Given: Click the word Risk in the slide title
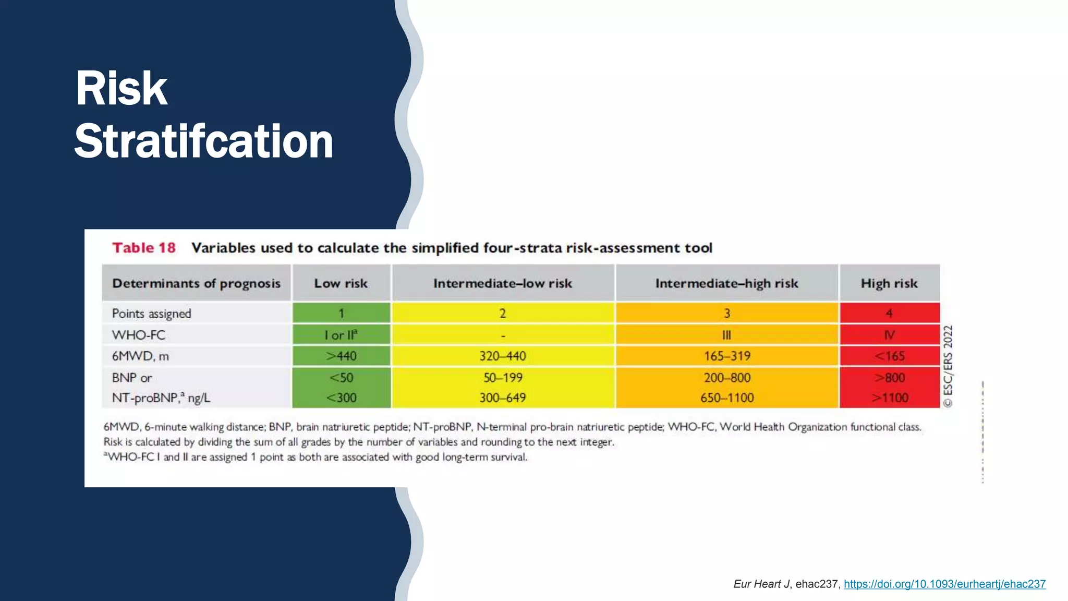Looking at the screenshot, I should pos(121,89).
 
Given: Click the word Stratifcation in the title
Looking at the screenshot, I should pos(203,142).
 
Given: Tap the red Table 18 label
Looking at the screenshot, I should pos(144,248).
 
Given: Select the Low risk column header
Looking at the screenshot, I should pos(341,283).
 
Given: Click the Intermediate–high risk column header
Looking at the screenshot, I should pos(726,283).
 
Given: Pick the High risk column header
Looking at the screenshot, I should pos(889,283).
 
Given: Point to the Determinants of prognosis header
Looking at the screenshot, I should pos(196,283).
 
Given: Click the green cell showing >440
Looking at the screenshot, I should pos(341,356).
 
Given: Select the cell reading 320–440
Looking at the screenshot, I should pos(503,356).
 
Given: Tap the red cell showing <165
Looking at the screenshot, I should pos(889,356).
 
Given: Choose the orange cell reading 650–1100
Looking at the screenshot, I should pos(727,398).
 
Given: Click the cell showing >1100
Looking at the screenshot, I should pos(890,398).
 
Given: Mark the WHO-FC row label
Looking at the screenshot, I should pos(138,335).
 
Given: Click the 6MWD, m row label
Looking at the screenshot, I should pos(140,356).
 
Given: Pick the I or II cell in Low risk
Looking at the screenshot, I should pos(341,335).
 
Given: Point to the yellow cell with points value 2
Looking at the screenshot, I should pos(503,314).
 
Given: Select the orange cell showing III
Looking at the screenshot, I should pos(726,335).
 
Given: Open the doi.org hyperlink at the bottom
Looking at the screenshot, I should pos(944,584).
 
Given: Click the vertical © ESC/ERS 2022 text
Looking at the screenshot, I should pos(948,366).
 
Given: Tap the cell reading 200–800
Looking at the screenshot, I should pos(727,378).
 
